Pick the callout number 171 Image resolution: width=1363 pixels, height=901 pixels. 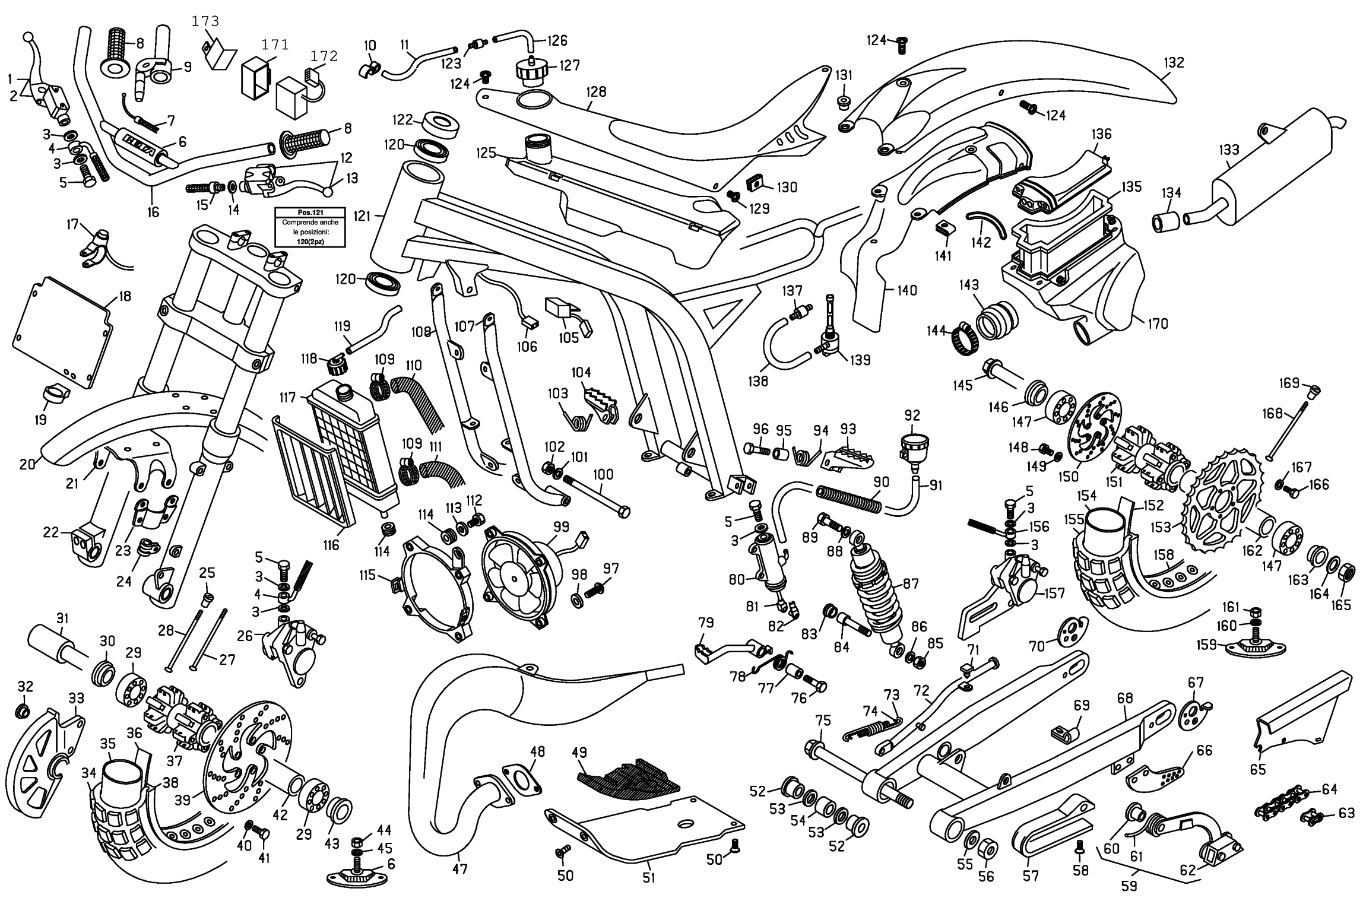click(275, 45)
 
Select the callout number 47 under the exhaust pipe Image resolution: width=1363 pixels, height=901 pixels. click(459, 870)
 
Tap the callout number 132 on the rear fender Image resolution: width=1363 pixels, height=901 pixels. click(1174, 62)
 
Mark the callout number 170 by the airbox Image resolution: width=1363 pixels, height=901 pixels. click(1158, 323)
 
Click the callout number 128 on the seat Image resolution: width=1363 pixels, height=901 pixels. click(596, 92)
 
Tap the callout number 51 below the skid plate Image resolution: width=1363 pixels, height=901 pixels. click(648, 878)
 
